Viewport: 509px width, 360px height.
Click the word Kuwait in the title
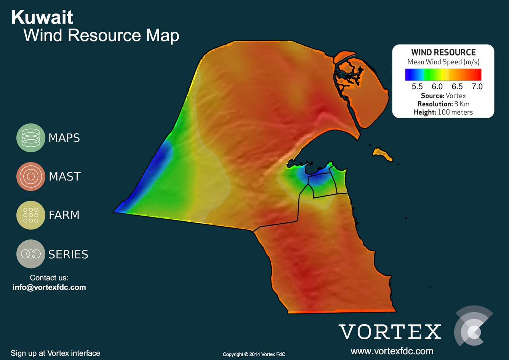[x=42, y=18]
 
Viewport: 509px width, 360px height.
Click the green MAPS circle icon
[x=30, y=138]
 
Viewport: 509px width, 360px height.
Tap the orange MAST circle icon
[x=30, y=176]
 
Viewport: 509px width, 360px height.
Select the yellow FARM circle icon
[x=30, y=215]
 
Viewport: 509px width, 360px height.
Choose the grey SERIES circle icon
[x=30, y=254]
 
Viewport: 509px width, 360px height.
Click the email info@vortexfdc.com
[x=49, y=287]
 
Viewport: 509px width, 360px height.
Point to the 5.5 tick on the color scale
[x=417, y=86]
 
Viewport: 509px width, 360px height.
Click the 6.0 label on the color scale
[x=437, y=86]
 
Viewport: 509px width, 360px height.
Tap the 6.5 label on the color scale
[x=457, y=86]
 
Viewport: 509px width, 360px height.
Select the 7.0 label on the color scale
[x=477, y=86]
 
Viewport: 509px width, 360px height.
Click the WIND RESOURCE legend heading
[x=443, y=53]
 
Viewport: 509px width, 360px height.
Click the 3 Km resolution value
[x=462, y=104]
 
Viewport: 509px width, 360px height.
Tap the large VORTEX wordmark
[x=390, y=331]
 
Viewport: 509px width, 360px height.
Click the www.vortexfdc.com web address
[x=392, y=351]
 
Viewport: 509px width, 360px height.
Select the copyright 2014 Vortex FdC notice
[x=254, y=354]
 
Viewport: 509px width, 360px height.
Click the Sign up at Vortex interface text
[x=55, y=353]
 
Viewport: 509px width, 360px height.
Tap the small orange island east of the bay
[x=382, y=154]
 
